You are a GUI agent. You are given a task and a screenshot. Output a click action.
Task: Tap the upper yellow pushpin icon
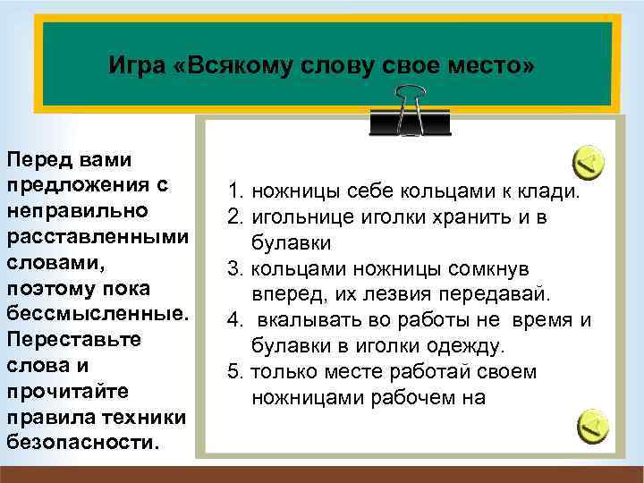588,161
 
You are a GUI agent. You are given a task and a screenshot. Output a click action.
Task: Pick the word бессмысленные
94,317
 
